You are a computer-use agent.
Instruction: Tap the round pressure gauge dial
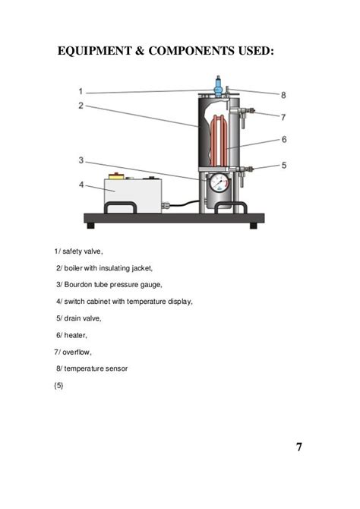(x=219, y=183)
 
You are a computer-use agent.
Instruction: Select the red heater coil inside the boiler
(x=219, y=141)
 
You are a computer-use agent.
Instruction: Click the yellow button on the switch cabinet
(x=116, y=176)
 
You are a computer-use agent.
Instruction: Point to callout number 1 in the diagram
(x=81, y=91)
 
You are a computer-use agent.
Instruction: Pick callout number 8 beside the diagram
(x=283, y=95)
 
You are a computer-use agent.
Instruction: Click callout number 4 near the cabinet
(x=81, y=185)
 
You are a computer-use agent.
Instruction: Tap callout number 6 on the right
(x=284, y=139)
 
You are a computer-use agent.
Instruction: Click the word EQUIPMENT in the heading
(x=94, y=51)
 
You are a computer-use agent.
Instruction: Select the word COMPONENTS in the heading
(x=191, y=51)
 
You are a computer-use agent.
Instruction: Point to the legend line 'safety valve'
(x=78, y=251)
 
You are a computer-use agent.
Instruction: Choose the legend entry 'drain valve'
(x=78, y=318)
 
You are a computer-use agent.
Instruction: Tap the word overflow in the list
(x=77, y=352)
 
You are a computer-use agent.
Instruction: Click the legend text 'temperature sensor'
(x=96, y=368)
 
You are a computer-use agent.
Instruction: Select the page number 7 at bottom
(x=299, y=447)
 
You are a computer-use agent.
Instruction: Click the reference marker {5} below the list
(x=58, y=386)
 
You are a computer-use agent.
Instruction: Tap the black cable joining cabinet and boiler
(x=182, y=204)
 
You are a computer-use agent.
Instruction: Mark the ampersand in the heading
(x=140, y=51)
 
